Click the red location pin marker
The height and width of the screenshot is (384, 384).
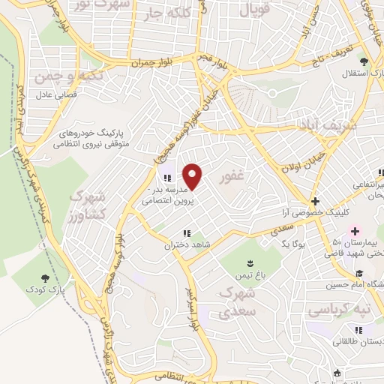tap(193, 176)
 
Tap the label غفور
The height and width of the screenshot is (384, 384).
tap(233, 178)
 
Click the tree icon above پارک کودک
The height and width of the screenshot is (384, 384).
tap(52, 277)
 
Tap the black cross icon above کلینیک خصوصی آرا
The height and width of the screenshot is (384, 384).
tap(315, 201)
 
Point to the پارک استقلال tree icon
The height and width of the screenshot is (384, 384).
tap(364, 61)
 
